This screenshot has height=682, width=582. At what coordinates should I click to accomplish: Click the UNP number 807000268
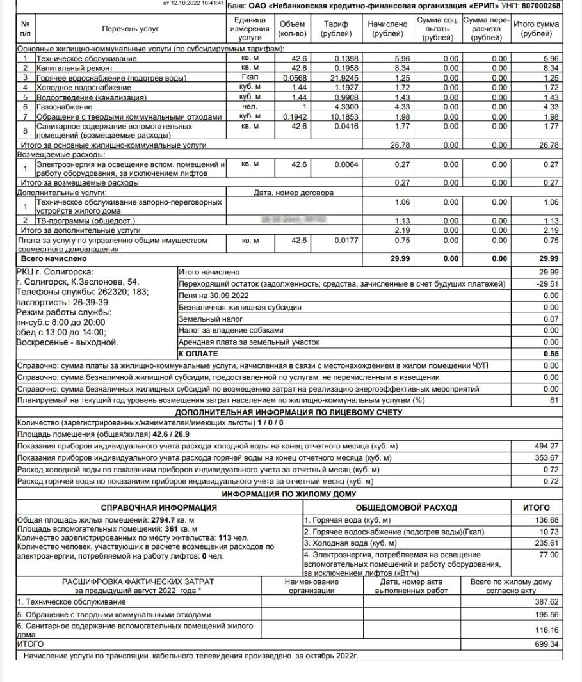[x=541, y=6]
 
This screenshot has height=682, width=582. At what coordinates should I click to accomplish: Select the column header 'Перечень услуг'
[x=130, y=29]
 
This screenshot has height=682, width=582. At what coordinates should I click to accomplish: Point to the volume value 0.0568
[x=294, y=78]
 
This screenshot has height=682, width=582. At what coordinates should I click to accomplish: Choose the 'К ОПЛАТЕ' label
[x=198, y=354]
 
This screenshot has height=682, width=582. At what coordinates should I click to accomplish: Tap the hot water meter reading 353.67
[x=546, y=458]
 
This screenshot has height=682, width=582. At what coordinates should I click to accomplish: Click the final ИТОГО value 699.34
[x=546, y=644]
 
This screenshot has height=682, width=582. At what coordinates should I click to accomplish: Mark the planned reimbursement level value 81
[x=554, y=400]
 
